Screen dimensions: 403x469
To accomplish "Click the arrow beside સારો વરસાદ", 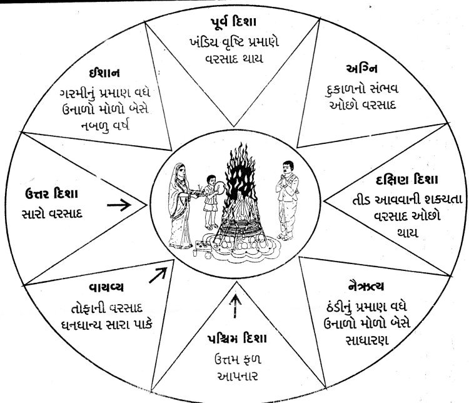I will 136,204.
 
